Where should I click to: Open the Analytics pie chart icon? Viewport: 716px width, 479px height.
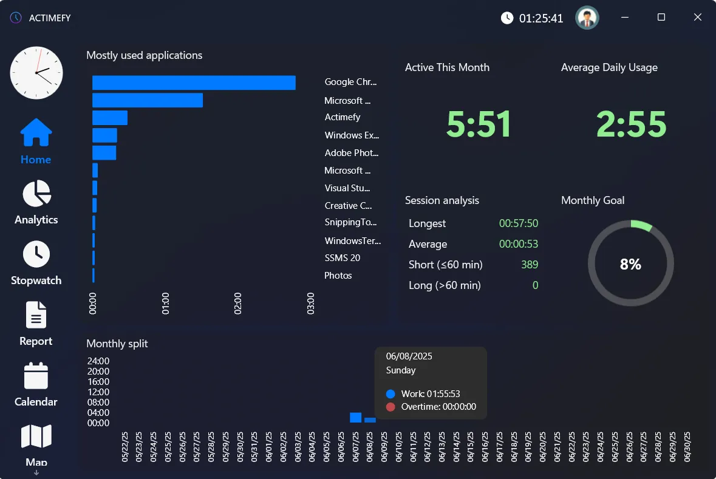(36, 194)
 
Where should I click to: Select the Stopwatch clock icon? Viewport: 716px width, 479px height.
(36, 254)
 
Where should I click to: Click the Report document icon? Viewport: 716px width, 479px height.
(36, 316)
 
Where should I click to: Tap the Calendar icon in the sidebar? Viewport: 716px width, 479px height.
(36, 376)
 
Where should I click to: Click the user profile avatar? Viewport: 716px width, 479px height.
(587, 18)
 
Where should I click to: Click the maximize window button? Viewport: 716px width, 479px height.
(661, 18)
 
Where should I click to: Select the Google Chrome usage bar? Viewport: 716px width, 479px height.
(194, 83)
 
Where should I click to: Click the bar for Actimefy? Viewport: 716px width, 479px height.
(110, 118)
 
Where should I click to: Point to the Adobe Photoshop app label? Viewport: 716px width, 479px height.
(351, 153)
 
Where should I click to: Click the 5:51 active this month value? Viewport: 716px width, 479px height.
(479, 124)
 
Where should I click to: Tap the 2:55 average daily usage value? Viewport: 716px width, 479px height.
(631, 124)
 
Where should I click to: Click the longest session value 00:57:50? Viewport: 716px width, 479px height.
(518, 223)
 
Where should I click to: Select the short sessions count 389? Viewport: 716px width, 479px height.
(529, 265)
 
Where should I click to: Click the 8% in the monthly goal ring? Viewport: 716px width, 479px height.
(630, 264)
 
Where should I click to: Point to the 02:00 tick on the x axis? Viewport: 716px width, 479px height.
(238, 302)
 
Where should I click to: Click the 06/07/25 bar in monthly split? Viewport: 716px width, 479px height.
(356, 418)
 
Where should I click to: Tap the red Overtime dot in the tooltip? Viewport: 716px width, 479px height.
(390, 407)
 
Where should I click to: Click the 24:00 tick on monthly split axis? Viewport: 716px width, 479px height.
(98, 361)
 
